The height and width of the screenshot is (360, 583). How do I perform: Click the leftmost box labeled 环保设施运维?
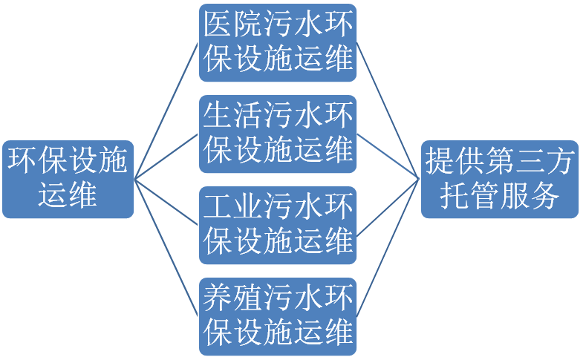coord(68,179)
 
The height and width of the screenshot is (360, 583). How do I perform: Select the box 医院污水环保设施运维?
coord(278,42)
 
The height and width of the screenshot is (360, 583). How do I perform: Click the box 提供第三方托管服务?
coord(499,179)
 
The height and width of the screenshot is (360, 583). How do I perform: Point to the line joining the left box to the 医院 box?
coord(167,111)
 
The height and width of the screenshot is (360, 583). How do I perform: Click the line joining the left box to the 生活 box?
coord(167,157)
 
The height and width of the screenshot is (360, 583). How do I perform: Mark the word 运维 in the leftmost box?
coord(68,194)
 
